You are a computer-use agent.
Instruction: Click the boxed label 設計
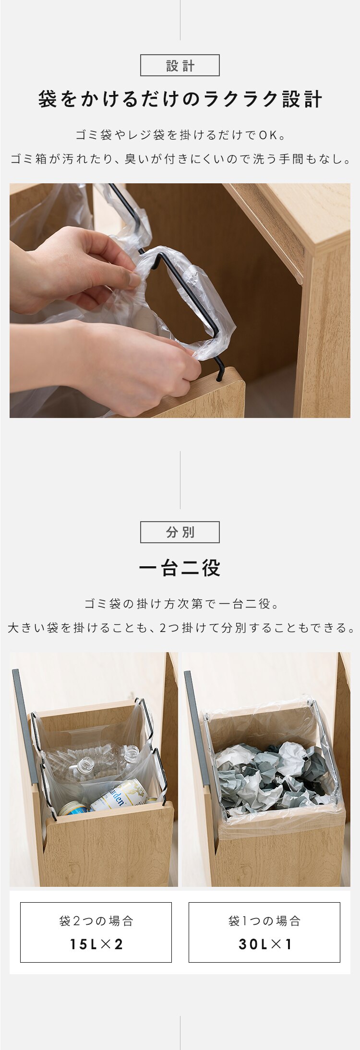click(180, 66)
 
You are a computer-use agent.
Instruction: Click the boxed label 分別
click(180, 532)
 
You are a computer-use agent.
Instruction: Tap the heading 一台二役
click(180, 568)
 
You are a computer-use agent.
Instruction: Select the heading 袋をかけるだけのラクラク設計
click(180, 100)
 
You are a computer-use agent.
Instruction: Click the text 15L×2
click(96, 944)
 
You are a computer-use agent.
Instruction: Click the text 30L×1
click(264, 944)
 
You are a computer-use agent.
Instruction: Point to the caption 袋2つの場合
click(96, 921)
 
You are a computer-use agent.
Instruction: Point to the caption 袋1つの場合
click(264, 921)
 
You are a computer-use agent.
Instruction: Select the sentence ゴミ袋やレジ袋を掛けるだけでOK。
click(180, 135)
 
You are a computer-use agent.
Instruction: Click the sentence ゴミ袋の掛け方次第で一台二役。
click(180, 604)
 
